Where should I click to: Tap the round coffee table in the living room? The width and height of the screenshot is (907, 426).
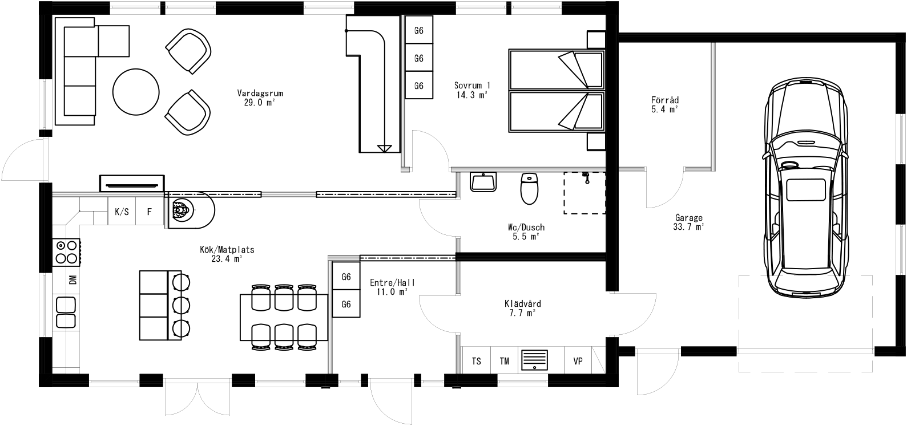pos(136,91)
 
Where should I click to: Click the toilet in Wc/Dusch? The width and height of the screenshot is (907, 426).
pos(529,189)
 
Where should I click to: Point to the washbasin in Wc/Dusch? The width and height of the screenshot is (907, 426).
pos(484,182)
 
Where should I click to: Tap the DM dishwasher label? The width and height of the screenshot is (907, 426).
pos(72,280)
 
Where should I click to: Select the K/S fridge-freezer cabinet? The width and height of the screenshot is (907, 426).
pos(122,212)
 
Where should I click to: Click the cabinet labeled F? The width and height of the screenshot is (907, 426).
pos(150,212)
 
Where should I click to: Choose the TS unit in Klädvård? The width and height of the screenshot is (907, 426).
pos(476,361)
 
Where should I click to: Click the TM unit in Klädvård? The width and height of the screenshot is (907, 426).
pos(505,361)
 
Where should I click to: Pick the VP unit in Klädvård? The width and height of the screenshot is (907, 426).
pos(578,361)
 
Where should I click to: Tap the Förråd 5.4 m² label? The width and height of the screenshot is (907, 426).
pos(665,104)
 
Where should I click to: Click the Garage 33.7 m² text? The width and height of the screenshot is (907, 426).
pos(689,222)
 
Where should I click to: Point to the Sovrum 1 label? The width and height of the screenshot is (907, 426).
pos(472,90)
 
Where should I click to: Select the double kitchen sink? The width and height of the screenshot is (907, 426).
pos(66,313)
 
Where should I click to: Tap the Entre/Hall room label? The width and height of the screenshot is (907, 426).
pos(392,287)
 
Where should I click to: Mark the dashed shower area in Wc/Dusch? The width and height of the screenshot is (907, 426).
pos(584,193)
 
